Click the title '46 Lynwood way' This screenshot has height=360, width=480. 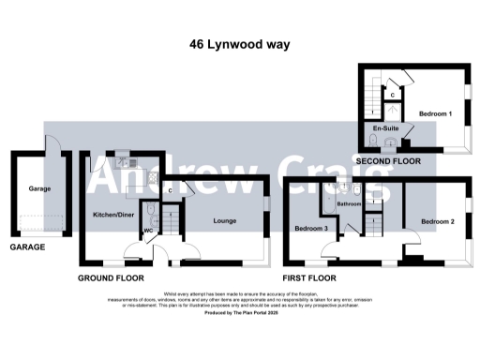point(239,44)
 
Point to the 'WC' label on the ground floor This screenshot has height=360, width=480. point(147,231)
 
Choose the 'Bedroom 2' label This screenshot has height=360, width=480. point(437,222)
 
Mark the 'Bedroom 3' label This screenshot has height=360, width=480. point(310,229)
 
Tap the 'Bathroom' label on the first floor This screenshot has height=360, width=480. point(350,202)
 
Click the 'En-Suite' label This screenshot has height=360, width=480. point(382,127)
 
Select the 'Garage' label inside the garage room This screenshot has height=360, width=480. point(38,188)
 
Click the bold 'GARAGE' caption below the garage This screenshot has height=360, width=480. point(27,248)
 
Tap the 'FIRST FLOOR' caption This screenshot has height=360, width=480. point(309,279)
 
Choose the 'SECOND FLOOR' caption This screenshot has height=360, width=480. point(387,161)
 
